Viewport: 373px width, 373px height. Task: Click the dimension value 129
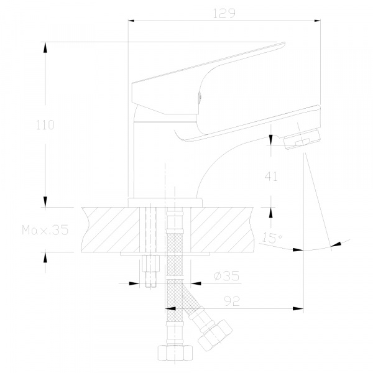pos(224,13)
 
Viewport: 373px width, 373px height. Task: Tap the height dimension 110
pos(45,125)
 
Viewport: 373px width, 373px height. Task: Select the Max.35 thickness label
pos(45,230)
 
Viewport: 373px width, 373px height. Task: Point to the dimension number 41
pos(271,177)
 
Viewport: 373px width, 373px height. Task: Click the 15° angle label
pos(272,237)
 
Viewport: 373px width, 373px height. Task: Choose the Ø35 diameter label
pos(226,276)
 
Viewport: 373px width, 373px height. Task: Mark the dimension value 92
pos(232,301)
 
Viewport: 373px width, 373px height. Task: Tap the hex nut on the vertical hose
pos(175,352)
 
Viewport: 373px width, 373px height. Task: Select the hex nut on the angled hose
pos(215,336)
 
